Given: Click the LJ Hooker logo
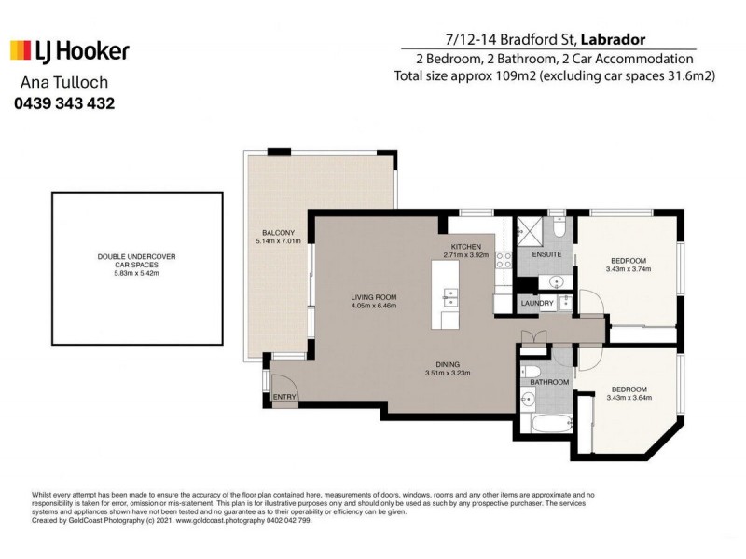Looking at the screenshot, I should coord(70,50).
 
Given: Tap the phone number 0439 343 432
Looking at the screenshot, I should coord(64,103).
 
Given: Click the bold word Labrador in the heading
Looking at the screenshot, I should coord(614,38).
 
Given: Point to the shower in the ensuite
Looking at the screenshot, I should coord(531,231).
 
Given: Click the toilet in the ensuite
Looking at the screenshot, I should coord(557,228).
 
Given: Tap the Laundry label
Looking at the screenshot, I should coord(538,303).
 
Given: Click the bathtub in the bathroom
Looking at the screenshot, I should coord(541,426).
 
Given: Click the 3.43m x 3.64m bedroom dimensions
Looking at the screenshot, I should coord(629,398).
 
